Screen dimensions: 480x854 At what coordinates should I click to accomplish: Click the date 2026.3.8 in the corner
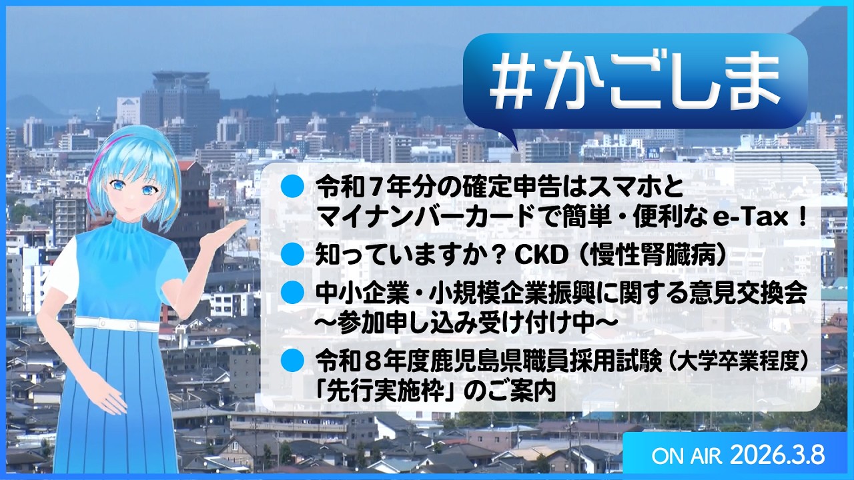(777, 456)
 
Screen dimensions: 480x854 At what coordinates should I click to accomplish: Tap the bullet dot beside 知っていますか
(292, 254)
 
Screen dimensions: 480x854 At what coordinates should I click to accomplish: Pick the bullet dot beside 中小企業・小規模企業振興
(292, 291)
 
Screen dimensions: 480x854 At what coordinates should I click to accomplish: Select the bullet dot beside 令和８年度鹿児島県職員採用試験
(292, 361)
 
